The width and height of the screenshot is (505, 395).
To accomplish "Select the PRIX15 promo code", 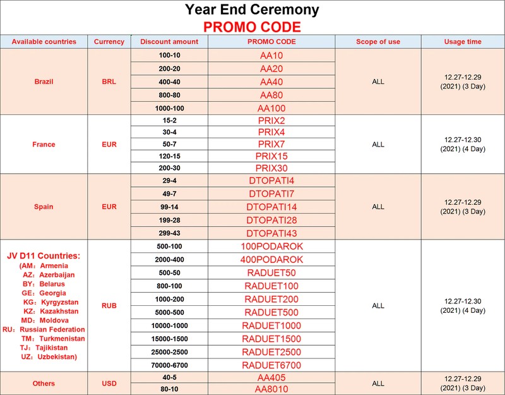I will pos(271,155).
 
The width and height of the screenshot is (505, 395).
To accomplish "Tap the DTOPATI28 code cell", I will pos(271,221).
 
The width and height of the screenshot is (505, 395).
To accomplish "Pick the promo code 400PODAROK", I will pos(271,259).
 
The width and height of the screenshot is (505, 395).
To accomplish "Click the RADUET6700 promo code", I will pos(271,365).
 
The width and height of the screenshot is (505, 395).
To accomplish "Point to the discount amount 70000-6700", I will pos(170,365).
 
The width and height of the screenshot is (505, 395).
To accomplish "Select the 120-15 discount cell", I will pos(170,155).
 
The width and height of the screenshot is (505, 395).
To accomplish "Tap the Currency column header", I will pos(109,42).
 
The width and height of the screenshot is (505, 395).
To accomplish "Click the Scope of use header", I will pos(378,42).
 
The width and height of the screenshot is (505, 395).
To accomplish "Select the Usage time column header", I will pos(463,42).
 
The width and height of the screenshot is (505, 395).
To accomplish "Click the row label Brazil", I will pos(44,82).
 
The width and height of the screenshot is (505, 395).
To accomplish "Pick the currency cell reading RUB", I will pos(109,306).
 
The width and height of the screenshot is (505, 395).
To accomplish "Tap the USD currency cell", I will pos(109,384).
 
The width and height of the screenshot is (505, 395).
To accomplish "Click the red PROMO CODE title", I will pos(252,27).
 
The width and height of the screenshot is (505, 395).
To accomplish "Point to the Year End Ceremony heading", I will pos(252,9).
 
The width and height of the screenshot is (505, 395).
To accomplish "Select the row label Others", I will pos(44,384).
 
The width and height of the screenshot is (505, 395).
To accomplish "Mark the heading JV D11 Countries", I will pos(43,256).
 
